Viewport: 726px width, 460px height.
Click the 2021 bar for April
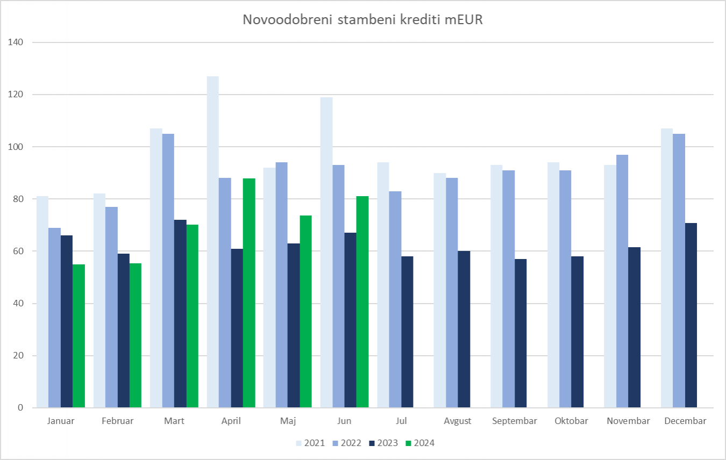(212, 242)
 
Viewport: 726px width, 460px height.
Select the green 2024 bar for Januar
(79, 336)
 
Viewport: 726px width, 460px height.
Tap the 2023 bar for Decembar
(691, 315)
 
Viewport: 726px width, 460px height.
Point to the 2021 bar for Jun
(326, 253)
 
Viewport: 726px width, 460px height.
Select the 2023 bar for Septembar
(521, 333)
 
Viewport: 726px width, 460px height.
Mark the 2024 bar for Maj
(305, 312)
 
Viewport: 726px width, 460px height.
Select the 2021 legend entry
(310, 443)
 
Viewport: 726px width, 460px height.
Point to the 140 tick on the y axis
(16, 42)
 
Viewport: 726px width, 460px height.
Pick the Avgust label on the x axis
(458, 421)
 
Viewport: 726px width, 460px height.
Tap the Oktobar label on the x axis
(571, 421)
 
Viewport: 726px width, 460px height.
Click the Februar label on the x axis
(117, 421)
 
